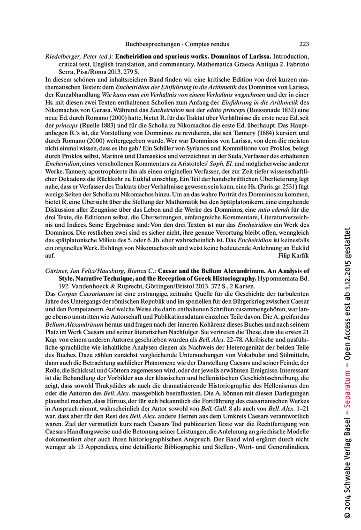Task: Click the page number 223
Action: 304,45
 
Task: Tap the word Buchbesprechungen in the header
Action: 152,45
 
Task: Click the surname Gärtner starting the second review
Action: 57,271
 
